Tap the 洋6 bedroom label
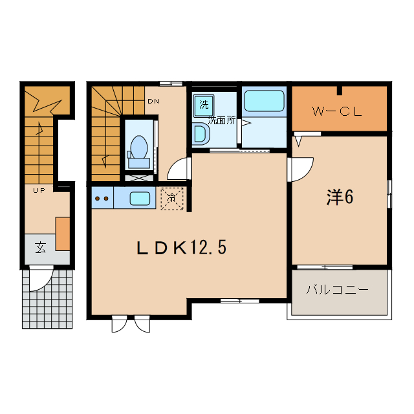tap(339, 198)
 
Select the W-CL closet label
tap(336, 111)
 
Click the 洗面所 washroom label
tap(221, 121)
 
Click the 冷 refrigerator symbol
tap(172, 199)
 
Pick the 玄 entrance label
tap(39, 248)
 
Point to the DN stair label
tap(153, 101)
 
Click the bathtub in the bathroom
tap(264, 102)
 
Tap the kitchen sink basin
tap(140, 198)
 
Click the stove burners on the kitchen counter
tap(101, 198)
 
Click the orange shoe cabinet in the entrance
tap(62, 234)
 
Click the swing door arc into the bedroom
tap(300, 168)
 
